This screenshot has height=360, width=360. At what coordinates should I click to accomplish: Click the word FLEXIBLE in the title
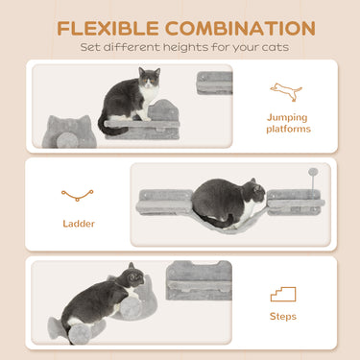click(x=107, y=28)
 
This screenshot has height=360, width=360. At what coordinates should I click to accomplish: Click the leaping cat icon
click(x=285, y=91)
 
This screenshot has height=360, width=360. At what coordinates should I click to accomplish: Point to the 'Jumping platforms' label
click(x=287, y=122)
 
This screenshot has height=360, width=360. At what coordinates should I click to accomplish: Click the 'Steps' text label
click(x=283, y=317)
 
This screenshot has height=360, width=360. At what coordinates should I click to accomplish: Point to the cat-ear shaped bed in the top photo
click(x=70, y=130)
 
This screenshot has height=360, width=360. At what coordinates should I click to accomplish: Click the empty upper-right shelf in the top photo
click(x=214, y=83)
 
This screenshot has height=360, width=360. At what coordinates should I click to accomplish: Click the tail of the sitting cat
click(x=104, y=124)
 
